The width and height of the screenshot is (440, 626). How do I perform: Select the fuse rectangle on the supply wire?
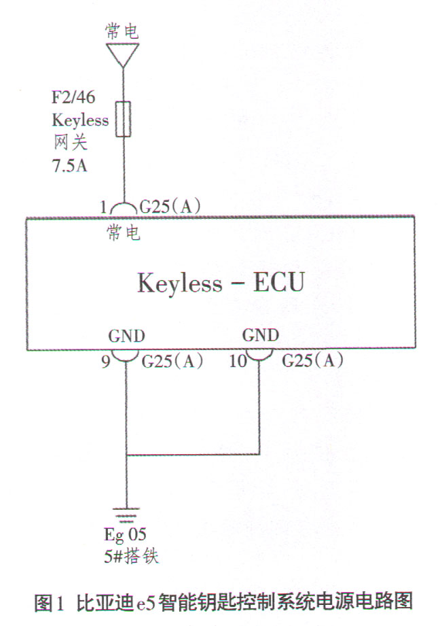tap(124, 119)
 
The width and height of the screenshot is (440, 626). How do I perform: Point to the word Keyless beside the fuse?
tap(80, 120)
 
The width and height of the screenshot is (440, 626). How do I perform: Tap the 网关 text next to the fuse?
tap(70, 143)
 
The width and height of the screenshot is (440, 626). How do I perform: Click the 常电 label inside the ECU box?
tap(124, 233)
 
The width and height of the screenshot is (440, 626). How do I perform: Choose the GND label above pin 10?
tap(260, 336)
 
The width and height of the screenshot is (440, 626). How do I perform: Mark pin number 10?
tap(238, 362)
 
